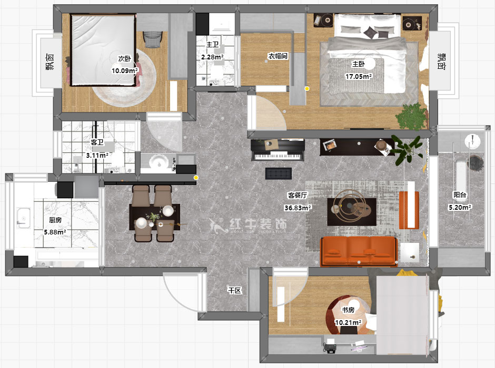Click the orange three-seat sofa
pos(359,251)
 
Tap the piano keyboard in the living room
pos(278,156)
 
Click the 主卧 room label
pos(358,64)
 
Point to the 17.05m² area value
pos(358,76)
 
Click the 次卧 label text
pos(124,58)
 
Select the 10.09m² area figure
pos(125,70)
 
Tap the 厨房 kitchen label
pos(55,220)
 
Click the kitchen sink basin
pos(23,218)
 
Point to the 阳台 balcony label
pos(460,195)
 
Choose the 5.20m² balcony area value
pos(460,207)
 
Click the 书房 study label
pos(348,310)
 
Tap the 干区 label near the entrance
pos(234,290)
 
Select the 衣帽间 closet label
pos(278,56)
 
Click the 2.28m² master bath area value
pos(212,57)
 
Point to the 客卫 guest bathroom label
pos(97,142)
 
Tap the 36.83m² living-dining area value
pos(298,208)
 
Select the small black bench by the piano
pos(279,173)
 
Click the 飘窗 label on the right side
pos(441,61)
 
